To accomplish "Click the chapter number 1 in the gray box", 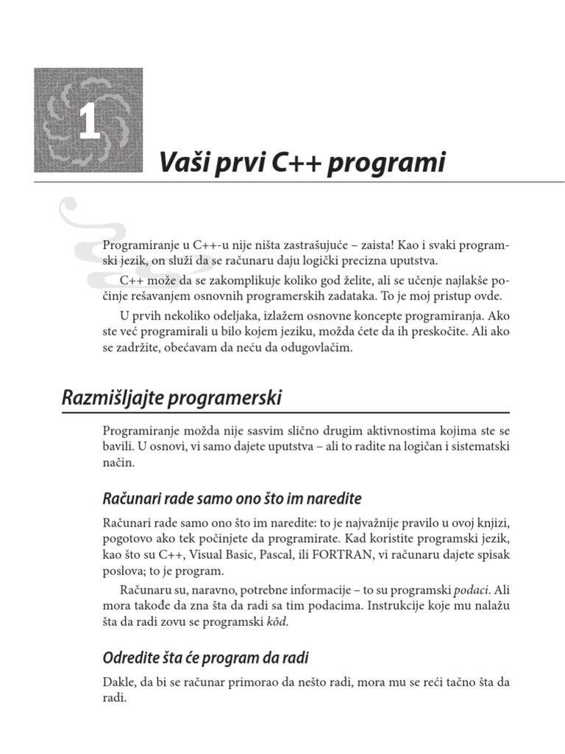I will pos(90,122).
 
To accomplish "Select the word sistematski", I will pos(477,446).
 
